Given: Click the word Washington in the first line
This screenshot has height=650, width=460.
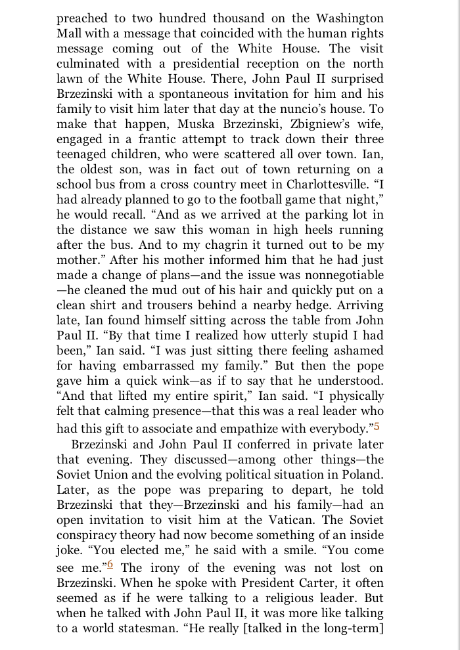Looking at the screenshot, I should pyautogui.click(x=346, y=18).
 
